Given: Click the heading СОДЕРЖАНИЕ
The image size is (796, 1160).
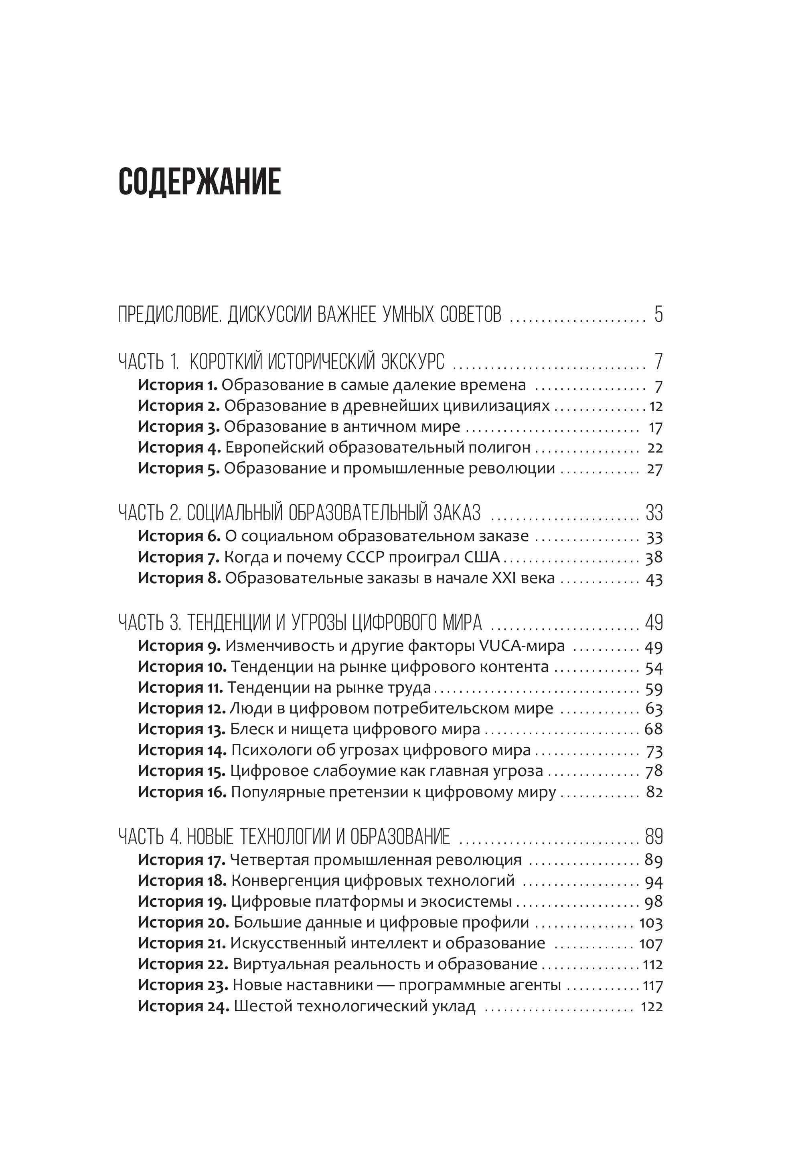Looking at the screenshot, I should tap(200, 181).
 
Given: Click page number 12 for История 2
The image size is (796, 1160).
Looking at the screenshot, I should tap(655, 406).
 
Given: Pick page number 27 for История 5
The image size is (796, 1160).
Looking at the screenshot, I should tap(654, 469).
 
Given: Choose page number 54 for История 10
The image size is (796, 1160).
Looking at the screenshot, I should tap(654, 667).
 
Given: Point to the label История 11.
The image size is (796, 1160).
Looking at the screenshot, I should tap(180, 688).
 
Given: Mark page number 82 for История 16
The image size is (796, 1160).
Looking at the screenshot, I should tap(654, 792).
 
